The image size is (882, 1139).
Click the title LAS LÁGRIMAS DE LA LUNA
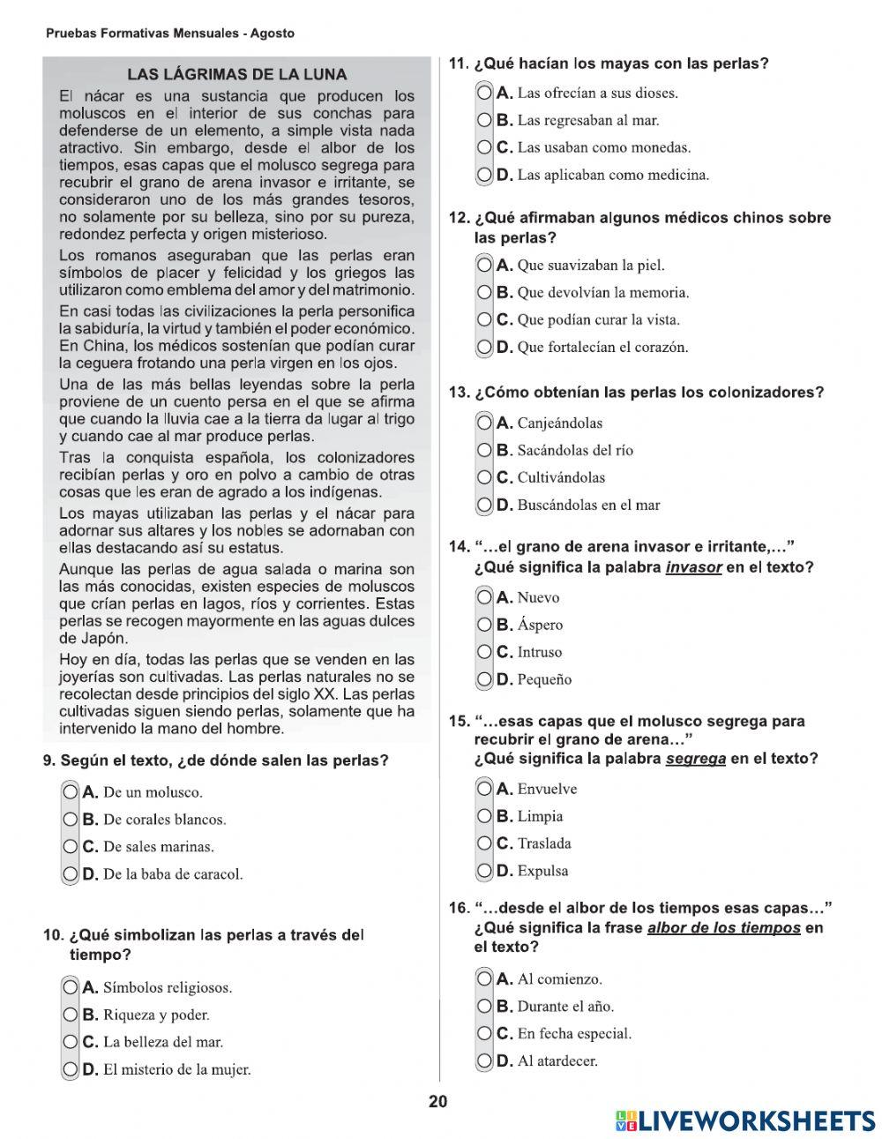click(x=236, y=75)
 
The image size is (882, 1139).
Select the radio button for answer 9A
click(x=71, y=792)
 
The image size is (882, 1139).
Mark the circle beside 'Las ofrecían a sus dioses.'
click(x=485, y=93)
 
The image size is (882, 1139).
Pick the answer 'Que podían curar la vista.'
click(x=485, y=319)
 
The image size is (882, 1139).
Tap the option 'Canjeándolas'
click(x=485, y=423)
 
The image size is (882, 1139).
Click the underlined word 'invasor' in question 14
click(x=693, y=567)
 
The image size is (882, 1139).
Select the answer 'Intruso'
click(x=485, y=652)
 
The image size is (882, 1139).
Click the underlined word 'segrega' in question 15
click(x=695, y=759)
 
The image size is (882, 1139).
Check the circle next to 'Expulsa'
click(x=485, y=871)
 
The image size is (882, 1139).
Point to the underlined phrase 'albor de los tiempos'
click(x=723, y=928)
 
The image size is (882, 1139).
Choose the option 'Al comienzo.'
click(x=485, y=978)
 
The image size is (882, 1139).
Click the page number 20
click(x=438, y=1102)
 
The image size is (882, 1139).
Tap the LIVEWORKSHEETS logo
click(x=745, y=1120)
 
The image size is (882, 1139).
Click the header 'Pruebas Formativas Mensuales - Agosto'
click(x=169, y=34)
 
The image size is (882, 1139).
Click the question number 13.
click(x=459, y=393)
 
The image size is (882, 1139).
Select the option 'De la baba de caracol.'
click(x=71, y=874)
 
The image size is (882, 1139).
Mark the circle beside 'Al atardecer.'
click(x=485, y=1060)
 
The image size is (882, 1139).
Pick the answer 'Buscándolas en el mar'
click(x=485, y=505)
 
